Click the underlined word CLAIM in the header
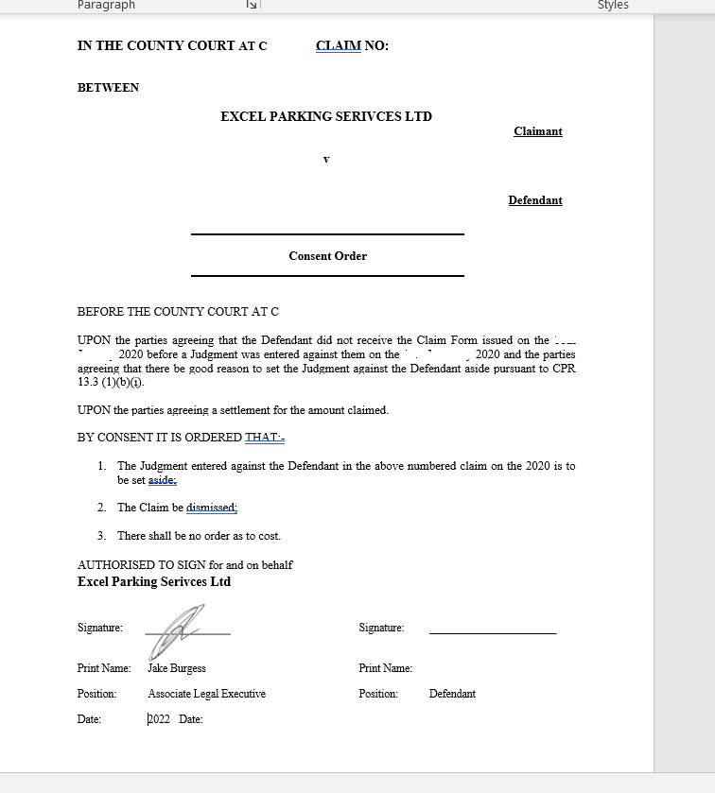point(339,45)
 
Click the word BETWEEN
point(108,88)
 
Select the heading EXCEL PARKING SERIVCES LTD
point(326,117)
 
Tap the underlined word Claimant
point(537,131)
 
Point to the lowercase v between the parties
point(326,159)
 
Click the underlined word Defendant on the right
point(535,200)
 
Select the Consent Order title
point(327,256)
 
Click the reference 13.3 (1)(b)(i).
point(112,383)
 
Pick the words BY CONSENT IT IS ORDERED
point(160,438)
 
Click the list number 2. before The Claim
point(101,508)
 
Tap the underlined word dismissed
point(211,508)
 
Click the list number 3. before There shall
point(101,536)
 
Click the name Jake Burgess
point(177,668)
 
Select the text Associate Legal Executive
point(206,694)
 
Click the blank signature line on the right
point(493,631)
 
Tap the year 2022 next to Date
point(159,719)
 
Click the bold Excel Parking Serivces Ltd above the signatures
point(154,582)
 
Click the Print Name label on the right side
point(385,668)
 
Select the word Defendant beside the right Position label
point(452,694)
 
